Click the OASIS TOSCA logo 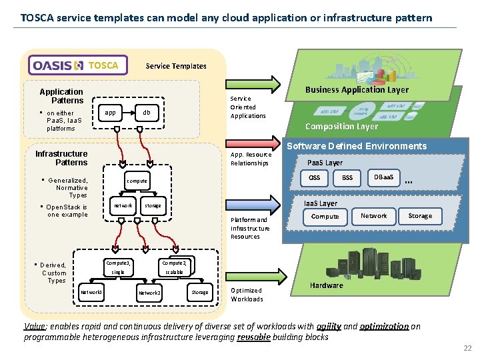78,65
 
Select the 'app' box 111,113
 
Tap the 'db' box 146,113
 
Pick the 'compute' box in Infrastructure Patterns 137,181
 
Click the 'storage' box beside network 153,205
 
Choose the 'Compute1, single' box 119,267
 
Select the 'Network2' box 149,292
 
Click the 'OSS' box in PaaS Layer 314,178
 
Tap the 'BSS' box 347,178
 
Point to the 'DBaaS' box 383,177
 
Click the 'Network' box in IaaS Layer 373,215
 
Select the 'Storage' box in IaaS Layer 420,215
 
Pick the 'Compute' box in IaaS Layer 325,216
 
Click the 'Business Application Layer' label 357,89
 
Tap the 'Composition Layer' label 341,126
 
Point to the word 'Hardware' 327,285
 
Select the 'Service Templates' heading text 176,65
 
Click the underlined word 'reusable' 254,337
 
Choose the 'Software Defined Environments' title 357,146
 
